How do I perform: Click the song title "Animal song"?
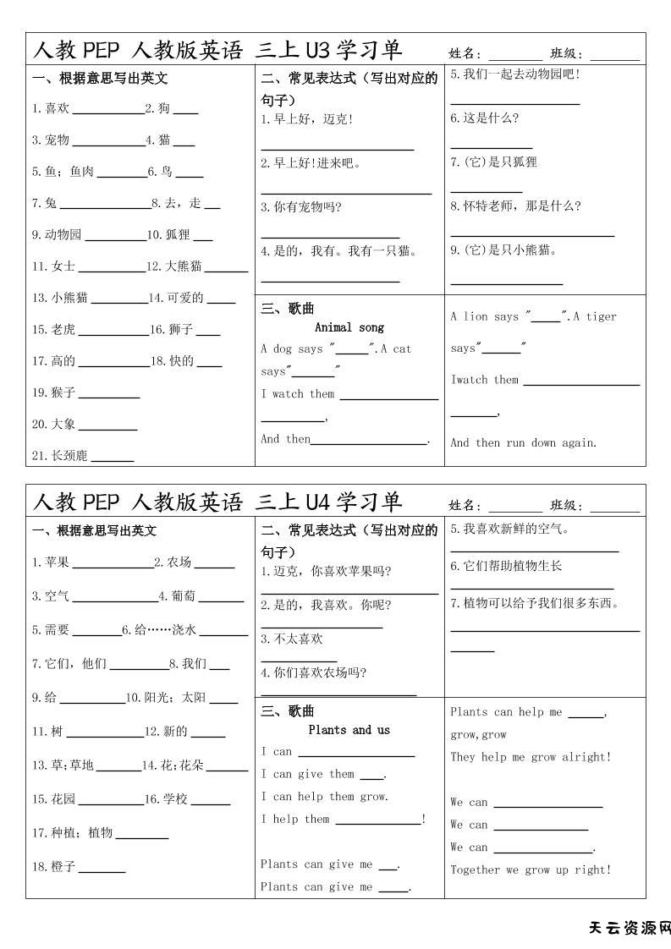pos(349,327)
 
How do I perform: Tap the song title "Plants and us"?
pos(349,730)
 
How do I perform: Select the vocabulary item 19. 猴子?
pos(54,392)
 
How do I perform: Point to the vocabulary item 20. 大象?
pos(54,424)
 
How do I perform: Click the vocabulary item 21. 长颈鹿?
pos(59,456)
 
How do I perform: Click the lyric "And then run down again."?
pos(523,442)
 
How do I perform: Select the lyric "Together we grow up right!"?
pos(530,869)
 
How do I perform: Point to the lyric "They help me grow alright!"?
pos(530,757)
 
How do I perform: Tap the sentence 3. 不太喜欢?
pos(292,639)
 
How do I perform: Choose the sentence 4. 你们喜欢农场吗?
pos(313,673)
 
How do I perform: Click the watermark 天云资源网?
pos(629,928)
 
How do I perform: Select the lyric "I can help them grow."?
pos(324,796)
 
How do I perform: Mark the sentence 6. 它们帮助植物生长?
pos(506,566)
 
